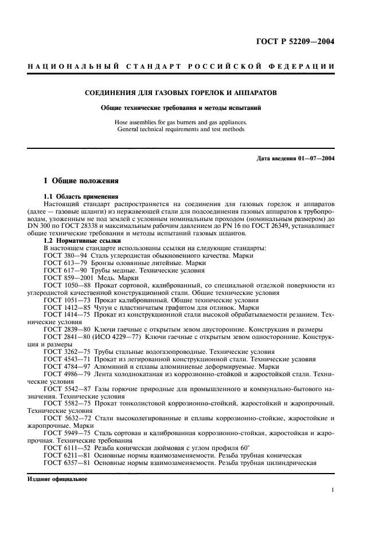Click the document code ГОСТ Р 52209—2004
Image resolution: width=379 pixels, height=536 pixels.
(295, 41)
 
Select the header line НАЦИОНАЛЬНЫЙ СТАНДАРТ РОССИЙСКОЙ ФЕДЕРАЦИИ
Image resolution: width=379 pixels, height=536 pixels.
(181, 67)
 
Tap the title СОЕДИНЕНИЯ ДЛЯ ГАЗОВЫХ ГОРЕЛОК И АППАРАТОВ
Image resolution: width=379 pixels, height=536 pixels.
(181, 92)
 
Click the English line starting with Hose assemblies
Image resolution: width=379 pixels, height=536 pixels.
(181, 121)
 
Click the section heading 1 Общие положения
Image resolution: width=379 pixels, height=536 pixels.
(81, 181)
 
